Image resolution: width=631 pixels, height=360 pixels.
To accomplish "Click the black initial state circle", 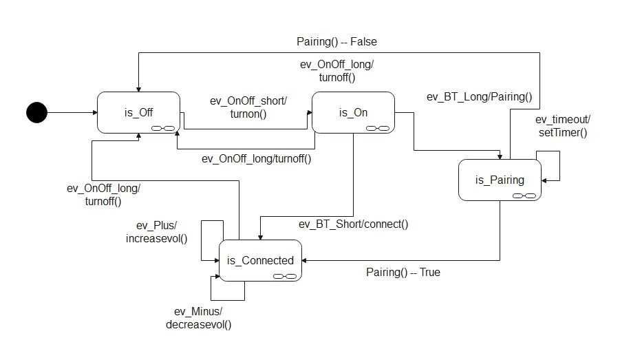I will pos(36,112).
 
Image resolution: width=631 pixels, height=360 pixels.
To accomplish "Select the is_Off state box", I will pos(139,112).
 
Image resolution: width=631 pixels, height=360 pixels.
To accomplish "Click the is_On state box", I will pos(353,112).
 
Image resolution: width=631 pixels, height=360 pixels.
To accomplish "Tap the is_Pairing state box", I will pos(500,180).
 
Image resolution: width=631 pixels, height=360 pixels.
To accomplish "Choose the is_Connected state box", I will pos(260,260).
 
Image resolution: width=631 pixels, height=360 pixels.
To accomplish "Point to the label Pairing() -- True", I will pos(403,272).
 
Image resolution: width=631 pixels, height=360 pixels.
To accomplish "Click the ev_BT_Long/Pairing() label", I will pos(480,96).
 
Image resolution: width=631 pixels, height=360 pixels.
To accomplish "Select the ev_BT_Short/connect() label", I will pos(353,224).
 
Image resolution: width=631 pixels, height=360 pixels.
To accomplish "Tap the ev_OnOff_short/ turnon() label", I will pos(248,107).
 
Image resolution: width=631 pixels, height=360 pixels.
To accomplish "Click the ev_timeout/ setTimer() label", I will pos(562,126).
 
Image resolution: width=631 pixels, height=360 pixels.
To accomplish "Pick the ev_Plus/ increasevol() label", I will pos(157,232).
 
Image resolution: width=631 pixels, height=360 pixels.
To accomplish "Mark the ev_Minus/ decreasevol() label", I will pos(198,317).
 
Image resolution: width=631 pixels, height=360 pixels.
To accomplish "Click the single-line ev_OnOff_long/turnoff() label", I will pos(256,158).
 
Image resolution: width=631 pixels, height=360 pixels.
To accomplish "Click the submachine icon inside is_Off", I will pos(166,127).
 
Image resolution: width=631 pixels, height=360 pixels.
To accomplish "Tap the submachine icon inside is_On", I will pos(378,127).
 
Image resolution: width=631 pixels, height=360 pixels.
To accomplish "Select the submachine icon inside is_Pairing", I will pos(524,195).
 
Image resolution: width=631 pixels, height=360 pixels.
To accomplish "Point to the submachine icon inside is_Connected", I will pos(285,276).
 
